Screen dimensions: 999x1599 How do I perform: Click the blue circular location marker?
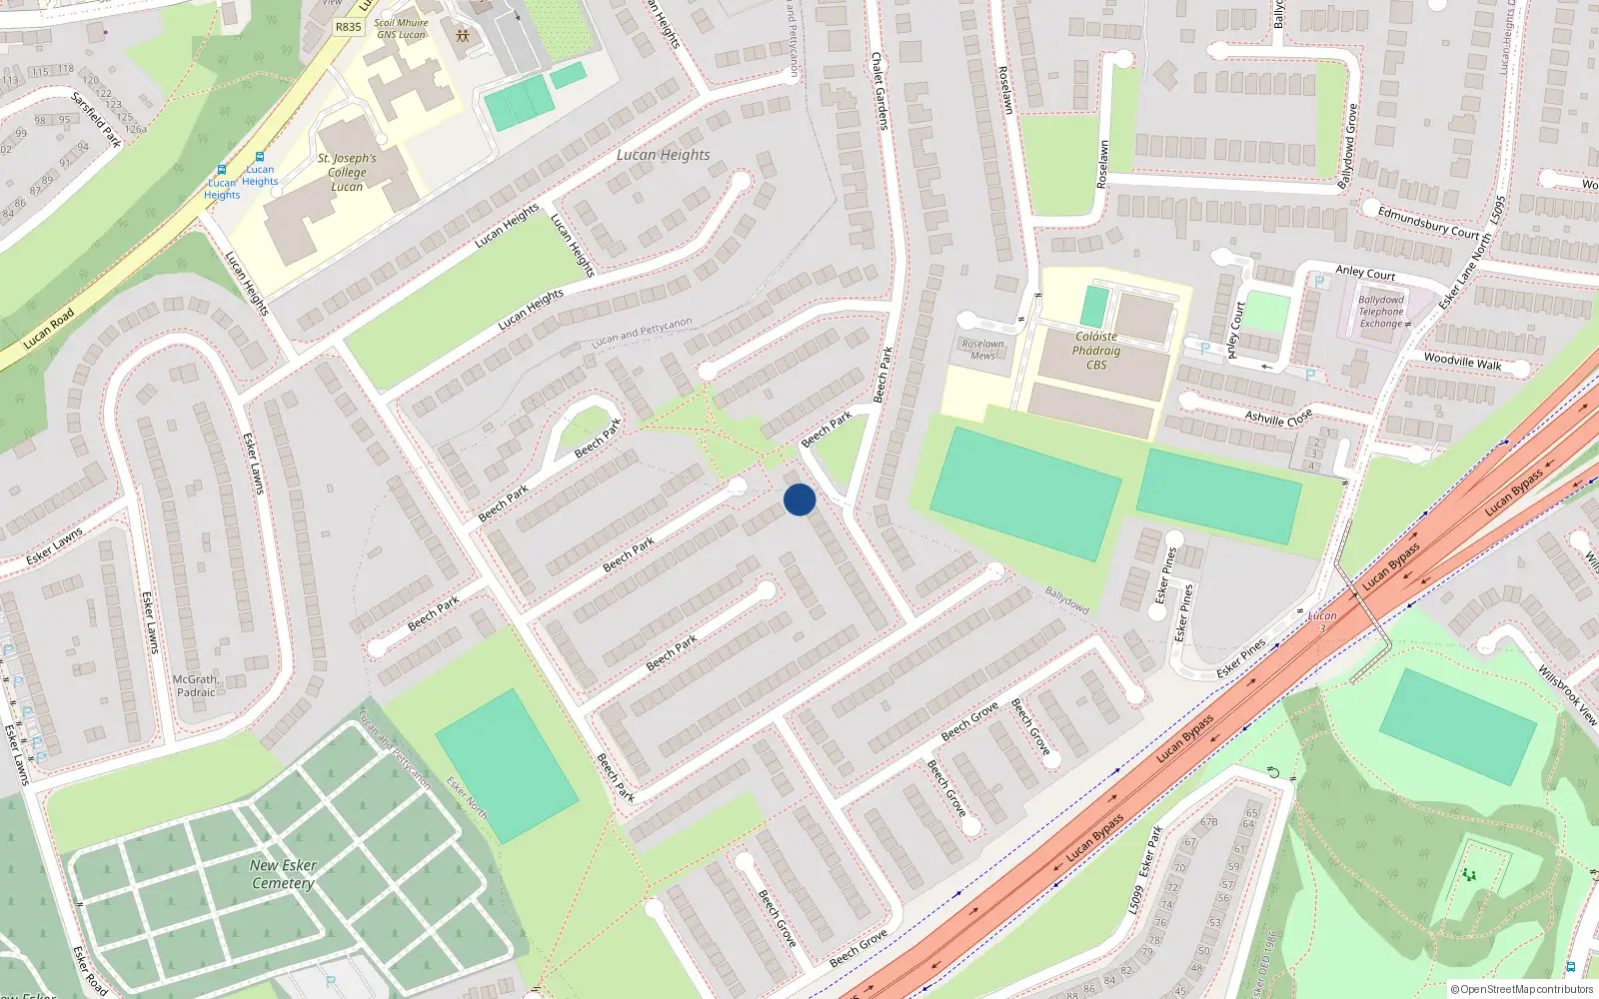click(799, 499)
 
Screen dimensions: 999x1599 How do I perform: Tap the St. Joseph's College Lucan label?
click(347, 172)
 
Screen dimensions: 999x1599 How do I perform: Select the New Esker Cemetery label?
click(283, 874)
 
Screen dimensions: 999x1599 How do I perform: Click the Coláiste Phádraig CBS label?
click(1096, 351)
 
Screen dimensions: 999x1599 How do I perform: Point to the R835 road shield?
click(348, 27)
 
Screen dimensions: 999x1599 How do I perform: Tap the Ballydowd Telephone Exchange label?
click(1381, 312)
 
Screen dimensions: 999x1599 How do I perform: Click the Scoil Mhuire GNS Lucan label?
click(400, 29)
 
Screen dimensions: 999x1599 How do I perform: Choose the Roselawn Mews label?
click(982, 349)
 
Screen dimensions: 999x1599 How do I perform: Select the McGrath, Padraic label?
click(196, 685)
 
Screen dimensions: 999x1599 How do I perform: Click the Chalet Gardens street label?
click(879, 91)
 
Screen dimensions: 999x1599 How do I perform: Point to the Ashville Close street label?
click(1279, 418)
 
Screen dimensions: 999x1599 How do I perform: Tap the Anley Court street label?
click(1365, 272)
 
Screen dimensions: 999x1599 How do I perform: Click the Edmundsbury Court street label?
click(1428, 222)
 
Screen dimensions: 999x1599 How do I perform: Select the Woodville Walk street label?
click(1462, 361)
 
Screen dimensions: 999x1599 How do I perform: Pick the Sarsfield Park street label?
click(96, 119)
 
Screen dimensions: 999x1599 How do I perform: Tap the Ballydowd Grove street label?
click(1348, 146)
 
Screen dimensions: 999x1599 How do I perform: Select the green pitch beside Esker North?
click(506, 765)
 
